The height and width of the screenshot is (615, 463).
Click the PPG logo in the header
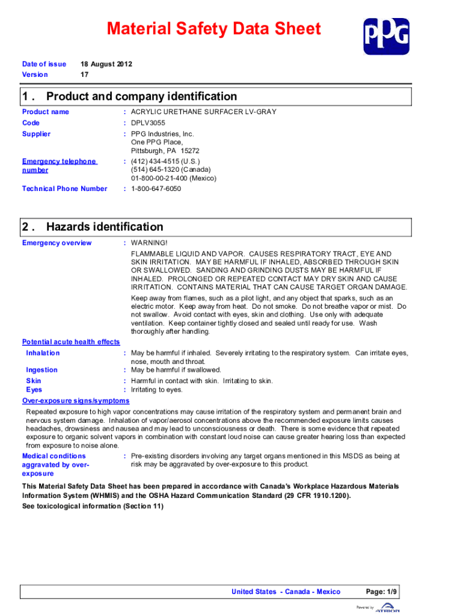point(386,36)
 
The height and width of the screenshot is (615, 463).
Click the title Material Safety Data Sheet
point(213,29)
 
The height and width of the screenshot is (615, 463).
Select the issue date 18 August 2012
point(106,64)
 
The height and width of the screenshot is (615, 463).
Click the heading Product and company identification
point(141,96)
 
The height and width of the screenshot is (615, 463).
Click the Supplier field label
point(36,134)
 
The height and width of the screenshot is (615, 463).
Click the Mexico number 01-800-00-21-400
point(174,178)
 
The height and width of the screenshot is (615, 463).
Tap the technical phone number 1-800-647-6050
point(156,189)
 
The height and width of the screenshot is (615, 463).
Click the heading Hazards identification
point(105,226)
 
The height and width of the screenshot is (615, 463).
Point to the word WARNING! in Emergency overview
point(149,243)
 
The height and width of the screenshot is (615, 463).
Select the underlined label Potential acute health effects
point(71,342)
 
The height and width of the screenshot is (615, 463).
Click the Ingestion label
point(42,370)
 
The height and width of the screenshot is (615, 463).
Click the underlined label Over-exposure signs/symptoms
point(76,401)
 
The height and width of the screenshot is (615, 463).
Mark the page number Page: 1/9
point(381,592)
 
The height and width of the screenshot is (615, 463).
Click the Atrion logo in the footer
point(387,608)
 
